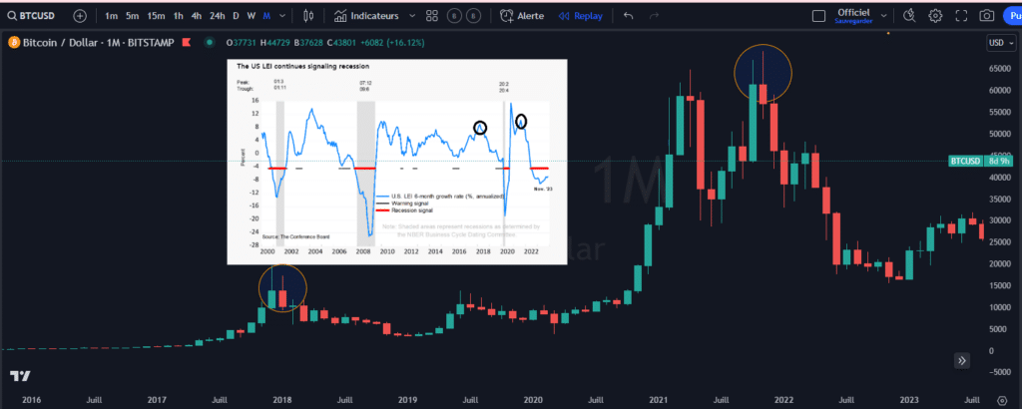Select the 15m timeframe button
pos(156,16)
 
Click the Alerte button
pos(523,16)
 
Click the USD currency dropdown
pos(998,43)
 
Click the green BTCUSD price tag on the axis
pos(963,161)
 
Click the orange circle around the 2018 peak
pos(282,289)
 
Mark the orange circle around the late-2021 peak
pos(763,73)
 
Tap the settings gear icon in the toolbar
pos(935,16)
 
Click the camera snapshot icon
pos(986,16)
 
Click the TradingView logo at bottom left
pos(19,376)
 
